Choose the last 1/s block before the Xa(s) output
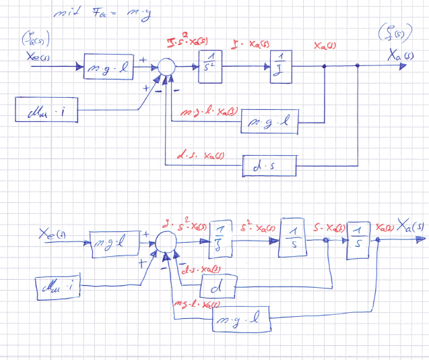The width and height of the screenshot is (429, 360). tap(357, 239)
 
